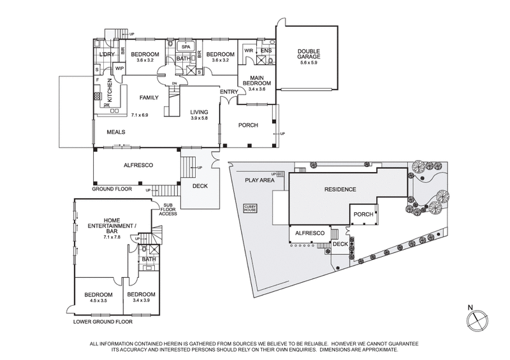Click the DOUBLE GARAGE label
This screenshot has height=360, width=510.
coord(307,54)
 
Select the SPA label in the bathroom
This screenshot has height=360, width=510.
coord(186,47)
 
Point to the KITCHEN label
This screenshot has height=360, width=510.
coord(110,91)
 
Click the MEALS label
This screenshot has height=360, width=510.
coord(115,132)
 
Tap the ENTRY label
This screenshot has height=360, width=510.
coord(228,92)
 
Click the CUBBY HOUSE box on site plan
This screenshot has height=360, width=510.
coord(249,208)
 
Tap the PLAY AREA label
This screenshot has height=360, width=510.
coord(259,180)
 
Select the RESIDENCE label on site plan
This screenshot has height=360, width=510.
coord(340,190)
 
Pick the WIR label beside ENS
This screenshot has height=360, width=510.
coord(249,50)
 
